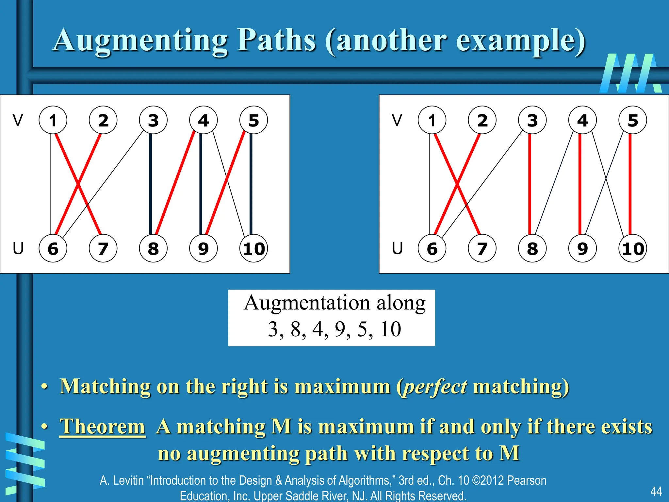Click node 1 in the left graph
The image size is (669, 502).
pyautogui.click(x=53, y=120)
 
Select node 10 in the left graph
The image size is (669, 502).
pyautogui.click(x=253, y=248)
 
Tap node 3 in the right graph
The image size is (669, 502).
pyautogui.click(x=532, y=120)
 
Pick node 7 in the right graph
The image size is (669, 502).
pyautogui.click(x=482, y=248)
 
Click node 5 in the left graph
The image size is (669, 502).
pyautogui.click(x=253, y=120)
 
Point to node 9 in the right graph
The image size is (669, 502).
pyautogui.click(x=582, y=248)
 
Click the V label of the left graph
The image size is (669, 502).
pyautogui.click(x=18, y=120)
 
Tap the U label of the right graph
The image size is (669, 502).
pyautogui.click(x=397, y=248)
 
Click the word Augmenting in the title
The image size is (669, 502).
pyautogui.click(x=140, y=41)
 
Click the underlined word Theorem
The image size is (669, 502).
pyautogui.click(x=102, y=427)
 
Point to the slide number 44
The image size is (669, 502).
pyautogui.click(x=656, y=491)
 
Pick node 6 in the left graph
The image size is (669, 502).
pyautogui.click(x=53, y=248)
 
